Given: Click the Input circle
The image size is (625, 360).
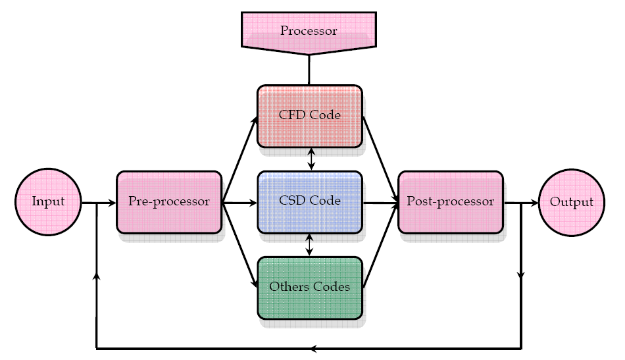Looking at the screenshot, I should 48,201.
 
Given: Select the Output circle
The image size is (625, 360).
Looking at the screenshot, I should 571,202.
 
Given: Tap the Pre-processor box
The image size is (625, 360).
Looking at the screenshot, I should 169,202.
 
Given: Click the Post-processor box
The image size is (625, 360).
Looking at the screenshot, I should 451,202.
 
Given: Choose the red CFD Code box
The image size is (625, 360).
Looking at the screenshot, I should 309,115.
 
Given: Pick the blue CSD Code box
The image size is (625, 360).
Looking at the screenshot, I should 309,201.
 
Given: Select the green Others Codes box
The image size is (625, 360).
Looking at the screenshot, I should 309,288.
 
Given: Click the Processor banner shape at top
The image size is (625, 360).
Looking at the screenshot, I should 309,30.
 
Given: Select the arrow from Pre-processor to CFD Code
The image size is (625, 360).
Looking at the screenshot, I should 239,161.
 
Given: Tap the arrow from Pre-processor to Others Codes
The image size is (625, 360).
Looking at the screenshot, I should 239,244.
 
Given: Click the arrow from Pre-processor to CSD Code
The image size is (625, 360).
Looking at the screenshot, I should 239,203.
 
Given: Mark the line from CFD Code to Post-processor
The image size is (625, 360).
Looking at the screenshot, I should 380,159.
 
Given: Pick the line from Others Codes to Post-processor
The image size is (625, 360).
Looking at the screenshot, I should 380,245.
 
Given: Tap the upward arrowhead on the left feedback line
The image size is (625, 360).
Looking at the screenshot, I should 97,276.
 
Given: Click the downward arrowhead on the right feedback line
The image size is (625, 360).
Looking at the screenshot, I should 521,275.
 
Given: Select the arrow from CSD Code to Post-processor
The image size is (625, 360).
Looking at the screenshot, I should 380,203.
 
